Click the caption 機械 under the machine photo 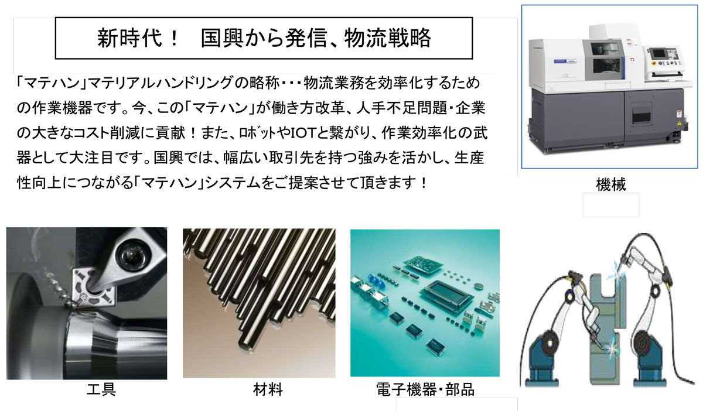pyautogui.click(x=610, y=184)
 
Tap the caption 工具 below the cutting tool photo pyautogui.click(x=101, y=389)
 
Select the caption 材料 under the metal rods pyautogui.click(x=268, y=389)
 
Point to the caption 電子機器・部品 pyautogui.click(x=425, y=389)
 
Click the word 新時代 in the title pyautogui.click(x=129, y=38)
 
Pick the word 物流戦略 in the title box pyautogui.click(x=388, y=38)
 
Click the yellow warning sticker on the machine pyautogui.click(x=680, y=122)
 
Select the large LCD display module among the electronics pyautogui.click(x=446, y=293)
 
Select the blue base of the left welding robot pyautogui.click(x=544, y=360)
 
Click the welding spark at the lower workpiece pyautogui.click(x=610, y=349)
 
